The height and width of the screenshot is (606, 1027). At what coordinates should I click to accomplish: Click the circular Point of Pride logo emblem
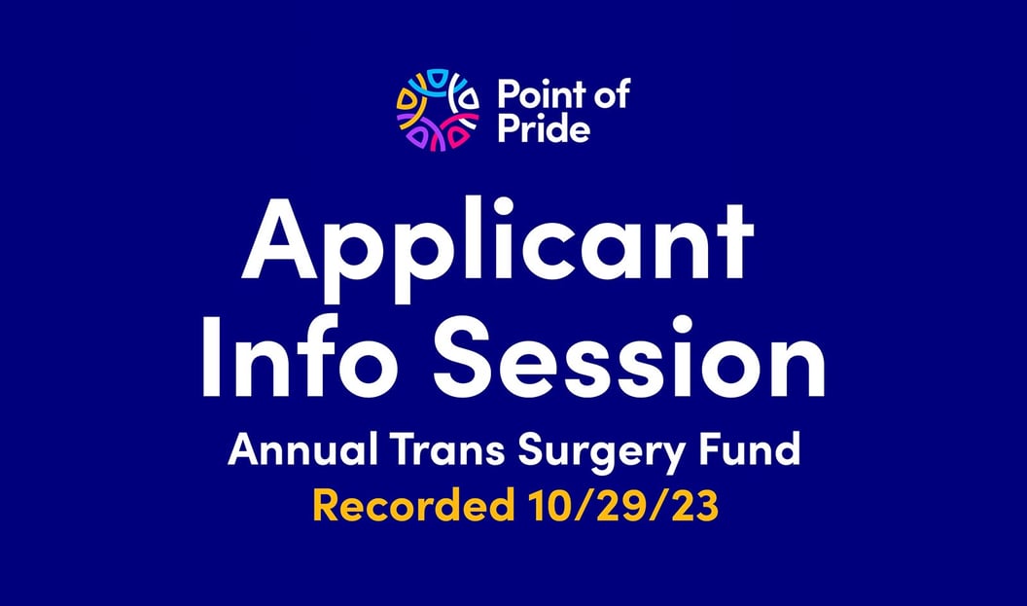click(x=438, y=110)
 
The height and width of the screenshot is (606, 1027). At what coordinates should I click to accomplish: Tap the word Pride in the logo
click(x=544, y=127)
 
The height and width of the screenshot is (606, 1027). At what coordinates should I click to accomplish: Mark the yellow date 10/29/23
click(x=621, y=505)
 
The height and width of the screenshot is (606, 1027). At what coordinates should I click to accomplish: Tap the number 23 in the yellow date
click(x=693, y=505)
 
